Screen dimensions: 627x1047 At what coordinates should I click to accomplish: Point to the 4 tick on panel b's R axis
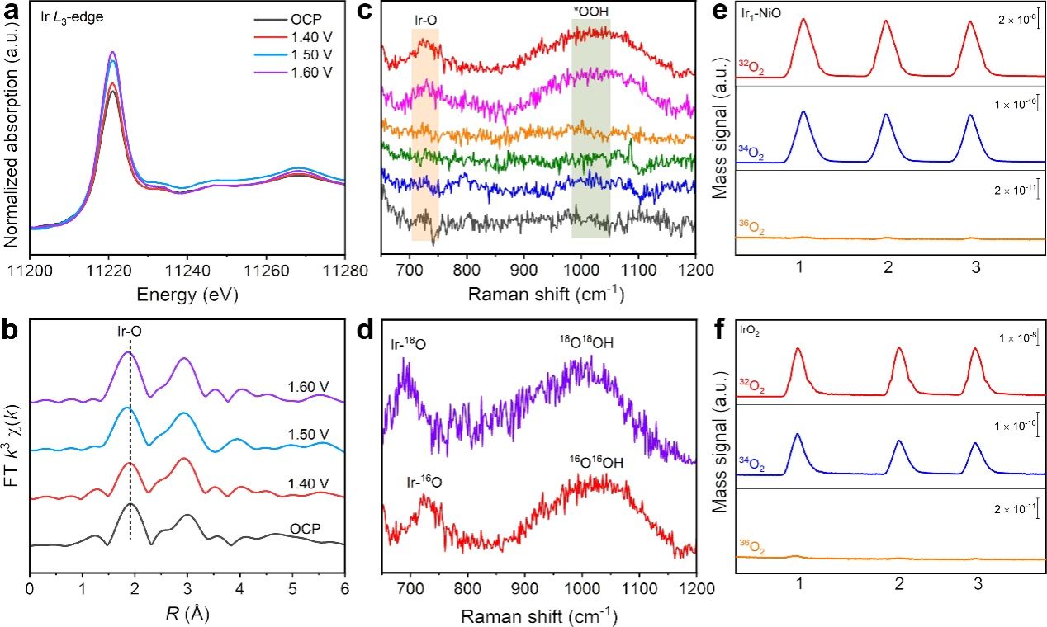click(239, 591)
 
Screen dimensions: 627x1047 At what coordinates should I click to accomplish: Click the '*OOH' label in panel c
click(591, 12)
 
